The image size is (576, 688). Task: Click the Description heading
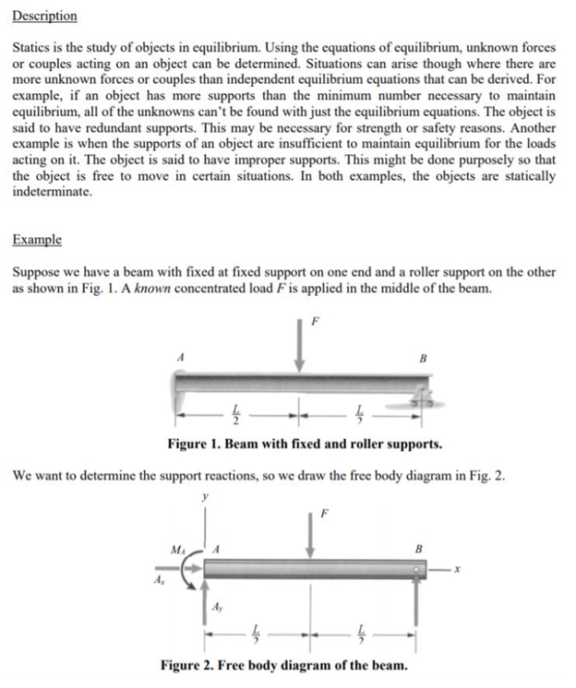pos(45,17)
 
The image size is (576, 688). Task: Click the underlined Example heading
pos(37,240)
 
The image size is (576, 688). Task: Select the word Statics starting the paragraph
pos(33,45)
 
